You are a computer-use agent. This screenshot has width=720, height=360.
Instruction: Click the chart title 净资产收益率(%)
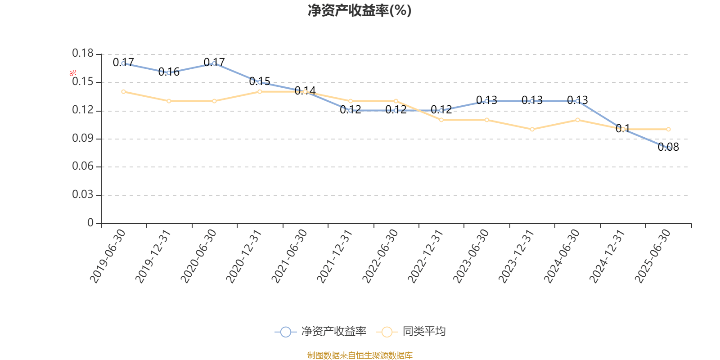tap(360, 10)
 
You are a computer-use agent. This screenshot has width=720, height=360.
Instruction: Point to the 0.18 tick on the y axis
tap(83, 54)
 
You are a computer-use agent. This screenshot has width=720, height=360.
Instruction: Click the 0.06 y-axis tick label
tap(83, 166)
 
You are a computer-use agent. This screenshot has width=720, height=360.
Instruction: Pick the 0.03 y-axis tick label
tap(83, 195)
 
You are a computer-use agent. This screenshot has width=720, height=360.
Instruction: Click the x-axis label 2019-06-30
tap(108, 256)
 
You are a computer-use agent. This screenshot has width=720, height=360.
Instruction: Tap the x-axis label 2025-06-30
tap(652, 256)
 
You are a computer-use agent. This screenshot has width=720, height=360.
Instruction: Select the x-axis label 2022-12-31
tap(425, 256)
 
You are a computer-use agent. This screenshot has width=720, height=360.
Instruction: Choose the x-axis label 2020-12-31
tap(243, 256)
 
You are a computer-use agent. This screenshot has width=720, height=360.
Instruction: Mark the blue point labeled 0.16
tap(169, 72)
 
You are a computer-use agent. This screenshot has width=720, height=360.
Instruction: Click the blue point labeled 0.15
tap(260, 82)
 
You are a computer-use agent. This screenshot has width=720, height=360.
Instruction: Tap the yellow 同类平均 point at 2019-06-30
tap(123, 92)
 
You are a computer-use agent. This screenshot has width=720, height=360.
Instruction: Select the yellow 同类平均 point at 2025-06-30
tap(668, 130)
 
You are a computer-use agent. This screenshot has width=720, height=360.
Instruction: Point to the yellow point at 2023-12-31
tap(532, 130)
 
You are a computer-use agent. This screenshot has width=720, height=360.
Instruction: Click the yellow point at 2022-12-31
tap(441, 120)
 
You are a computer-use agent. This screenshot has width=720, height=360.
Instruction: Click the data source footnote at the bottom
tap(360, 355)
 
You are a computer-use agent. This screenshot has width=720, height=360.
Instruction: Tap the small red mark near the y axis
tap(73, 73)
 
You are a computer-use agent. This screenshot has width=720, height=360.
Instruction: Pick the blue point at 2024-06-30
tap(578, 101)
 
